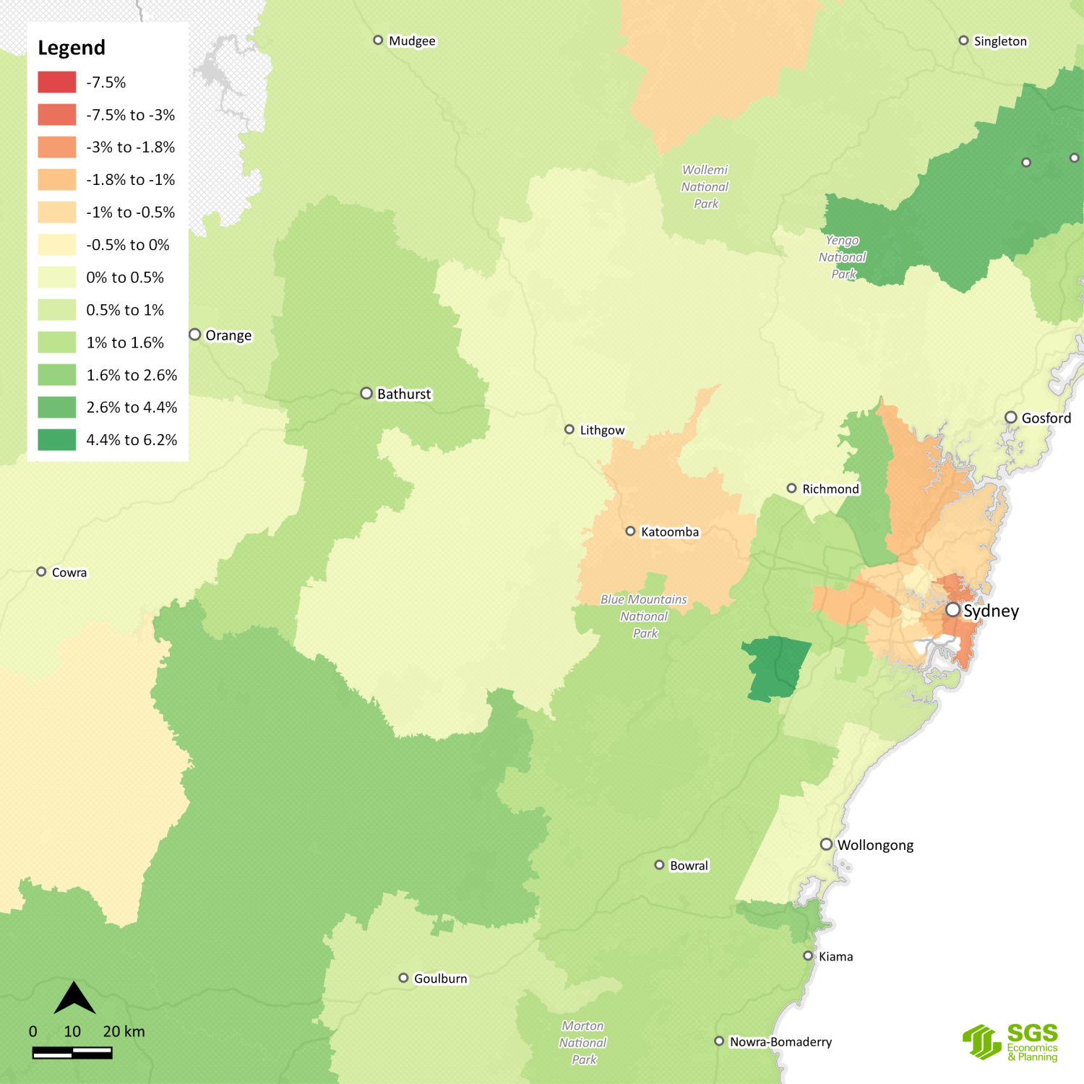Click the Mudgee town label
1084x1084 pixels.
click(x=412, y=41)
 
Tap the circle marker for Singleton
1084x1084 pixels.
click(x=963, y=40)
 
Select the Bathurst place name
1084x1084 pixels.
click(x=404, y=394)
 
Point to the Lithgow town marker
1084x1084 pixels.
click(x=569, y=429)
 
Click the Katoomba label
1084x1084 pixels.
click(x=670, y=532)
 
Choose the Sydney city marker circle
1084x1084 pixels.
click(x=953, y=610)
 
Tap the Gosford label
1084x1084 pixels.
click(x=1046, y=418)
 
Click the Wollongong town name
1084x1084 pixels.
click(x=875, y=845)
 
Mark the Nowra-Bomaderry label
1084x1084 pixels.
click(x=780, y=1041)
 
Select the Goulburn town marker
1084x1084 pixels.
click(x=403, y=978)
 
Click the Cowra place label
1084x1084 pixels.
click(x=69, y=572)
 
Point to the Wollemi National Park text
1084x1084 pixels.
click(x=705, y=186)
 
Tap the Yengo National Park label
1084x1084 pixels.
click(x=843, y=257)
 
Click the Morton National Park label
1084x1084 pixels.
click(x=583, y=1042)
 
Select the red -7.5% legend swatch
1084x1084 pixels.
click(x=57, y=82)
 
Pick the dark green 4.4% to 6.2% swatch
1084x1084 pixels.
click(x=57, y=439)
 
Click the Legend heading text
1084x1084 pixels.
click(x=72, y=48)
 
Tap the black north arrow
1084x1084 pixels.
click(x=74, y=999)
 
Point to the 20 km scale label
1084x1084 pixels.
click(x=124, y=1031)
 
